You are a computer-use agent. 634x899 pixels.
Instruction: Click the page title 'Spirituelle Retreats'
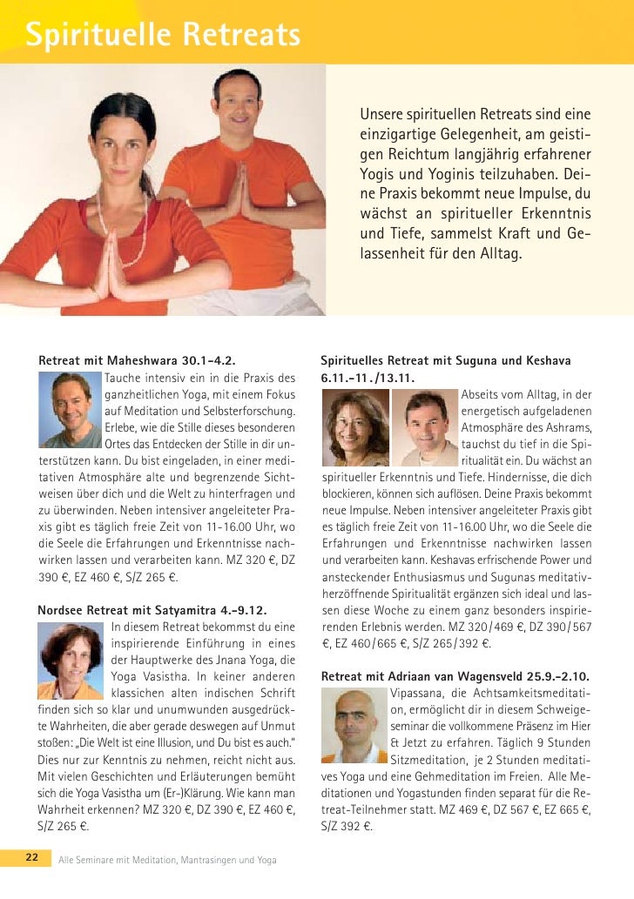tap(162, 36)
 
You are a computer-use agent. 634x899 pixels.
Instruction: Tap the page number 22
tap(31, 858)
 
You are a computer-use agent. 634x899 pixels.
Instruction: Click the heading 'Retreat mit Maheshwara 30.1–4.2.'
tap(137, 360)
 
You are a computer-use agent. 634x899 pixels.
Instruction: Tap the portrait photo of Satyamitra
tap(71, 661)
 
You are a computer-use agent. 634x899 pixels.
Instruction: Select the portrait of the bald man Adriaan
tap(354, 725)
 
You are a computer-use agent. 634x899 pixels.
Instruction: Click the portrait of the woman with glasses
tap(354, 427)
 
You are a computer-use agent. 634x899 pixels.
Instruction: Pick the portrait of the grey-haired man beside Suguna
tap(425, 427)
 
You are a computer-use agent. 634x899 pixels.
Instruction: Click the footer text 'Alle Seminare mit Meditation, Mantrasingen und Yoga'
tap(167, 860)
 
